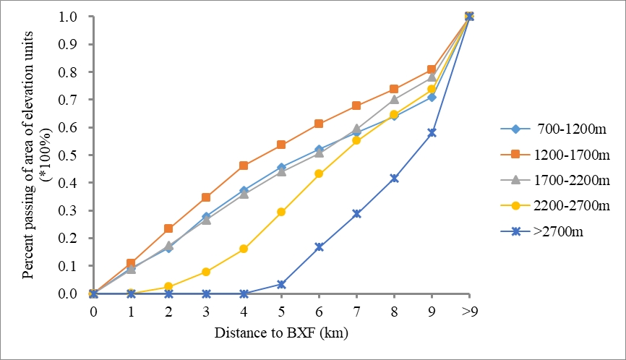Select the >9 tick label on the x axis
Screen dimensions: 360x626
(469, 309)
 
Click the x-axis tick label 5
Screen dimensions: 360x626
(281, 309)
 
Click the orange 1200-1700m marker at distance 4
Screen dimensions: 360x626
(244, 166)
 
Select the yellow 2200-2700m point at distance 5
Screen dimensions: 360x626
(281, 212)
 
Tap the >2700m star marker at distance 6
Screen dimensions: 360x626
(319, 247)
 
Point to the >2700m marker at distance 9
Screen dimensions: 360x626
(432, 132)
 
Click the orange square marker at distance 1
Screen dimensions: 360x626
(131, 263)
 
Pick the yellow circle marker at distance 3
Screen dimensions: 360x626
(206, 272)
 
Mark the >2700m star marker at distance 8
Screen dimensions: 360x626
(394, 178)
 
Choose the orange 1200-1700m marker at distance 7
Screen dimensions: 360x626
(356, 106)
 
